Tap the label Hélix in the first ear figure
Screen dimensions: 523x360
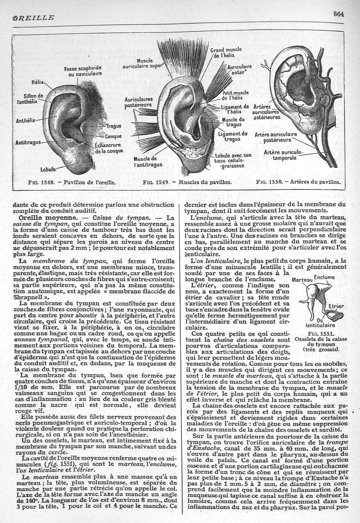click(37, 82)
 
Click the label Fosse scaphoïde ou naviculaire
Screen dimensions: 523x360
click(83, 71)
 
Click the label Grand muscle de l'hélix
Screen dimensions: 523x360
click(226, 53)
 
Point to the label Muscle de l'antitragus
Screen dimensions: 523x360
click(145, 162)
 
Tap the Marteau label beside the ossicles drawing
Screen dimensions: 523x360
click(301, 280)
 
